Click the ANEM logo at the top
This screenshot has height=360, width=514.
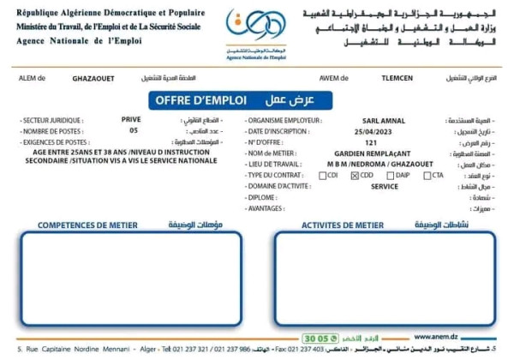[x=254, y=32]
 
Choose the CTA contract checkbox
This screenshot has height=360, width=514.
[x=427, y=175]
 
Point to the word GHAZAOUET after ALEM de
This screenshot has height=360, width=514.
[x=97, y=77]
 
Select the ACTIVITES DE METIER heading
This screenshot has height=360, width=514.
[x=342, y=225]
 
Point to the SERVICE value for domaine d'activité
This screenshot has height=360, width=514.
[x=372, y=186]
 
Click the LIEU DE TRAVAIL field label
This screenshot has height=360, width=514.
[x=276, y=164]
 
